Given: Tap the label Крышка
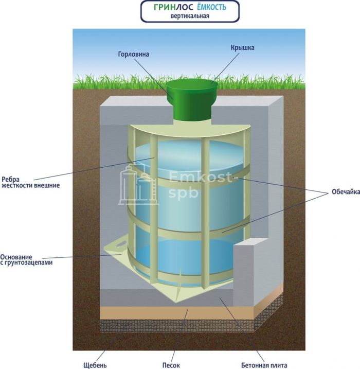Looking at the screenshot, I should coord(242,48).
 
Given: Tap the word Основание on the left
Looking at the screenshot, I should coord(17,256).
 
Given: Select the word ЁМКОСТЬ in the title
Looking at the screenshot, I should coord(211,8).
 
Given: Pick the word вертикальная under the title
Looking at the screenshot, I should coord(190,16).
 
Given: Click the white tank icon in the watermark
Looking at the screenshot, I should coord(138,184).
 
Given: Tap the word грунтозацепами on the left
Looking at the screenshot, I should coord(30,262).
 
